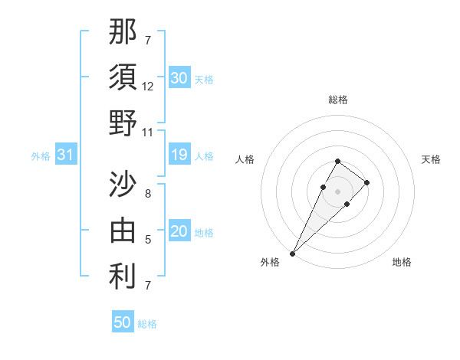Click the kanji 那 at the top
[123, 31]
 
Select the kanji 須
[123, 77]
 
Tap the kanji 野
[123, 123]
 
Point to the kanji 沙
[123, 185]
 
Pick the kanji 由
[123, 231]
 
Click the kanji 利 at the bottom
[123, 277]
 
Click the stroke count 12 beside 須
[148, 87]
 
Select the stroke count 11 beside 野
[148, 132]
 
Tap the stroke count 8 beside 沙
[148, 194]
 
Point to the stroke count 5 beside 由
[148, 240]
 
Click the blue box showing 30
[179, 77]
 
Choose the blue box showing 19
[179, 155]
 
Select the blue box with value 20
[179, 231]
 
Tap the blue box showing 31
[65, 155]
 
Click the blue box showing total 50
[122, 322]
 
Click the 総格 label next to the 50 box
[147, 324]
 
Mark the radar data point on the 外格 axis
[293, 253]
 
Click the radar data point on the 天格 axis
[367, 182]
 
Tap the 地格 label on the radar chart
[402, 263]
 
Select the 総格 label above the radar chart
[338, 100]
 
